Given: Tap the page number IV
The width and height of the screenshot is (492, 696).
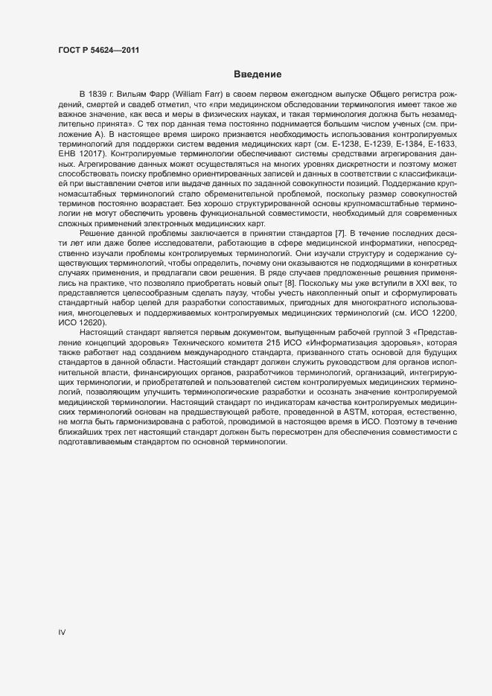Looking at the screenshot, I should [x=62, y=632].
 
